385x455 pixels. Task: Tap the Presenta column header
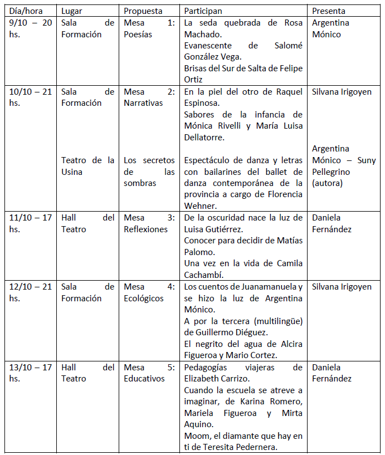[329, 11]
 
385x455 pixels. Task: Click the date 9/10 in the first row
[20, 23]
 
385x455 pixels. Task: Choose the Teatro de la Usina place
[87, 165]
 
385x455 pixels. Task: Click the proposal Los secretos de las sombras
[149, 172]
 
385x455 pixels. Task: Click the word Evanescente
[209, 46]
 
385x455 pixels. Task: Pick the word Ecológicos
[144, 298]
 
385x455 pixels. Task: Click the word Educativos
[144, 379]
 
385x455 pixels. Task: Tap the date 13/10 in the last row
[22, 368]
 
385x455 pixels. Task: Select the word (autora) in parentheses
[328, 183]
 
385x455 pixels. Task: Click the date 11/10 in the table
[22, 218]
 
